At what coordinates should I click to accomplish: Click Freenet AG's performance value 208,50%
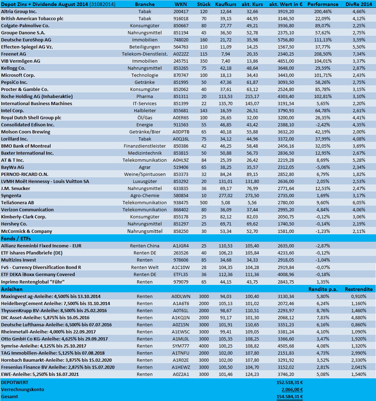[323, 54]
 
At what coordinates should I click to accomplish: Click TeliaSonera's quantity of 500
[204, 202]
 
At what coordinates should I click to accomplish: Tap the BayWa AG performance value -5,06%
[323, 167]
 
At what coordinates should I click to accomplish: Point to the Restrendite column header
[358, 289]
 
